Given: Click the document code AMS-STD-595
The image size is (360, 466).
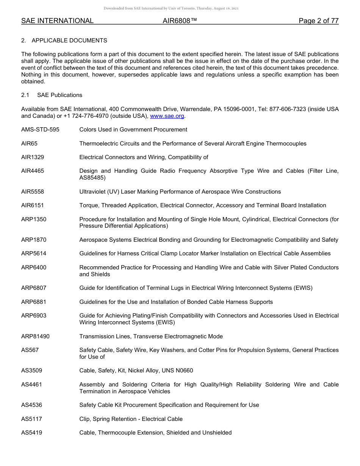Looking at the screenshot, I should pos(40,130).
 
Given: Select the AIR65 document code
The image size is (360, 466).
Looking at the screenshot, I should pos(30,144).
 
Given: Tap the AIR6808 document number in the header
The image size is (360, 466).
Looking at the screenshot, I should pos(180,21).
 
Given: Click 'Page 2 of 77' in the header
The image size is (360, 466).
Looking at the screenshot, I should pos(318,21).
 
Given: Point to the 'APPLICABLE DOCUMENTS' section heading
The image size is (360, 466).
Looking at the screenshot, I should pos(69,40).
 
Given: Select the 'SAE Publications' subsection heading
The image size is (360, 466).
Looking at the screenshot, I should pos(59,95).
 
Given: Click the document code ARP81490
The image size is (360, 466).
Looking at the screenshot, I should pos(35,336).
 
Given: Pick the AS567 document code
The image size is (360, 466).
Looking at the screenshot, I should pos(30,350).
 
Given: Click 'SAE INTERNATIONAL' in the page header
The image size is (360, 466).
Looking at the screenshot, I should pos(57,21).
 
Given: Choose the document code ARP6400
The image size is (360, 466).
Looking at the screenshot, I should pos(34,267).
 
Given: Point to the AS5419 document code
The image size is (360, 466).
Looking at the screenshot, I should pos(31,433).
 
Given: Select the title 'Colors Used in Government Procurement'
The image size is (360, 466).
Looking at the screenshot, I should pos(133,130).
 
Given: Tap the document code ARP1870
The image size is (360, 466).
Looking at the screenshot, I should pos(34,240).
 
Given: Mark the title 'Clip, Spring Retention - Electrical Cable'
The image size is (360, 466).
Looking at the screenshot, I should pos(131,419).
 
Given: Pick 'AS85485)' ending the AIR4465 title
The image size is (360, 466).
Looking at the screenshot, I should pos(92,178).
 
